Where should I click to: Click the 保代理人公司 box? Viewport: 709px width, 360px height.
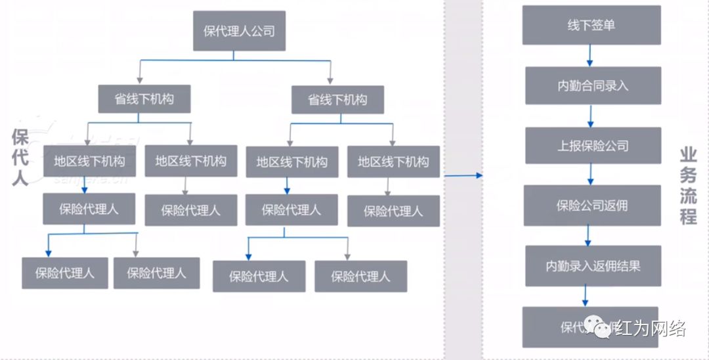coord(239,31)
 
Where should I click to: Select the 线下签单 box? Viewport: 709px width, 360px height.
coord(591,26)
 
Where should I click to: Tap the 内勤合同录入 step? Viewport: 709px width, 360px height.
coord(592,86)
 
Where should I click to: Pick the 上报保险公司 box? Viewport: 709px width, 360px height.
coord(592,146)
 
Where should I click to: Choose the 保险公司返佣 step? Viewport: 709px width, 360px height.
coord(592,206)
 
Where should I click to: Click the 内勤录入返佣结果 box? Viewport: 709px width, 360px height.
coord(592,266)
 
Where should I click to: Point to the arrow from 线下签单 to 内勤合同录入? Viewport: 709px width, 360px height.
coord(591,56)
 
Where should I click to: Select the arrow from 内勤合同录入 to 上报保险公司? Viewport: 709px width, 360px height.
coord(591,116)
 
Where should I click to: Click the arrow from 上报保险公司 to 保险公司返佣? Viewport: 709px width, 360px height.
coord(591,174)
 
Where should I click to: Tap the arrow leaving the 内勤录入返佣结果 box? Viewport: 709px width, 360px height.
coord(586,296)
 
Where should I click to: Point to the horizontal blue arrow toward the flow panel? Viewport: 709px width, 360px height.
coord(463,175)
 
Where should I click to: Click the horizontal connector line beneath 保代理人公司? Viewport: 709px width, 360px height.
coord(236,60)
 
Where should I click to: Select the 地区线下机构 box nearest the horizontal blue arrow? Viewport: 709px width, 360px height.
coord(393,162)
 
